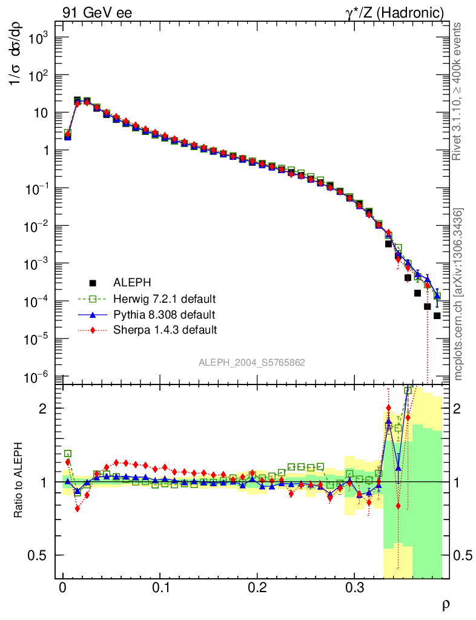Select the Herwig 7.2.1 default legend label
pos(164,298)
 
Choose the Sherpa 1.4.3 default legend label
pos(165,330)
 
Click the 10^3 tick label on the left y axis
pos(37,38)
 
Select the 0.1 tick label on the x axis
pos(160,587)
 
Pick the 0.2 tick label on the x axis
pos(257,587)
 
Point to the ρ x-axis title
pos(445,604)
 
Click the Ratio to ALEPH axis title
pos(19,481)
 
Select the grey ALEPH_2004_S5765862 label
pos(252,363)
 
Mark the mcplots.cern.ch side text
pos(458,294)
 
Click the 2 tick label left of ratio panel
pos(44,408)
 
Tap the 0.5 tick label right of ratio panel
pos(464,555)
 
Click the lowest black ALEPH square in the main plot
pos(437,315)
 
